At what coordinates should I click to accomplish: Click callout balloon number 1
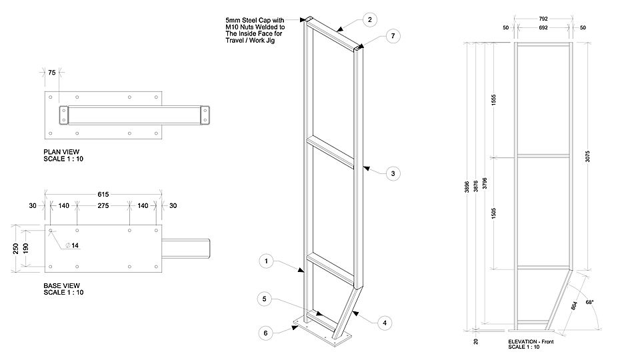pos(266,261)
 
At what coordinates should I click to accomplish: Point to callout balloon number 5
pos(265,299)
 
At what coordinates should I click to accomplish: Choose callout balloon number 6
pos(265,331)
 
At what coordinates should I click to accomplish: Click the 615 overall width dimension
pos(103,194)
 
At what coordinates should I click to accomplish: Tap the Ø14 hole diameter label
pos(73,246)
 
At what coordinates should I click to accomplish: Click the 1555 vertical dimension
pos(493,100)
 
